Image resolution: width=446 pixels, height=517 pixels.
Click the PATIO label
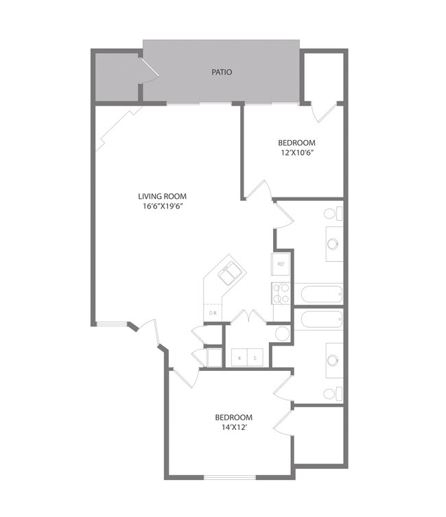click(221, 71)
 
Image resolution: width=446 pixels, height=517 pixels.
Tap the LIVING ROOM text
click(162, 196)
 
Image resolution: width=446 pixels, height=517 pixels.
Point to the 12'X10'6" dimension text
click(296, 153)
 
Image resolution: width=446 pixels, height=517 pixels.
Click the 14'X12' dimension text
click(233, 427)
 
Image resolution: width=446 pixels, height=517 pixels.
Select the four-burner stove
click(281, 293)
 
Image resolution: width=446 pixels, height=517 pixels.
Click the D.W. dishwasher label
click(213, 313)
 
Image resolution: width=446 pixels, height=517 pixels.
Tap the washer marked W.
click(239, 357)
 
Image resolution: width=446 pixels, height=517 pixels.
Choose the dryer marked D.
click(255, 357)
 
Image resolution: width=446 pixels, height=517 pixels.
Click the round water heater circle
click(282, 334)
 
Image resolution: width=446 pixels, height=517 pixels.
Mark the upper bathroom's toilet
click(331, 213)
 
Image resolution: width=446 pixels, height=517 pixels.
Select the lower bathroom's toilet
click(331, 394)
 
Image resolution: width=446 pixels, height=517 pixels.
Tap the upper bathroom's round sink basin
click(333, 243)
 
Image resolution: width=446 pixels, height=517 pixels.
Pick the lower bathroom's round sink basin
click(333, 360)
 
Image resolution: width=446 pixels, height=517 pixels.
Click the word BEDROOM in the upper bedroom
click(296, 143)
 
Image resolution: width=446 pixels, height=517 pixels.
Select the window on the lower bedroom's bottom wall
click(230, 477)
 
